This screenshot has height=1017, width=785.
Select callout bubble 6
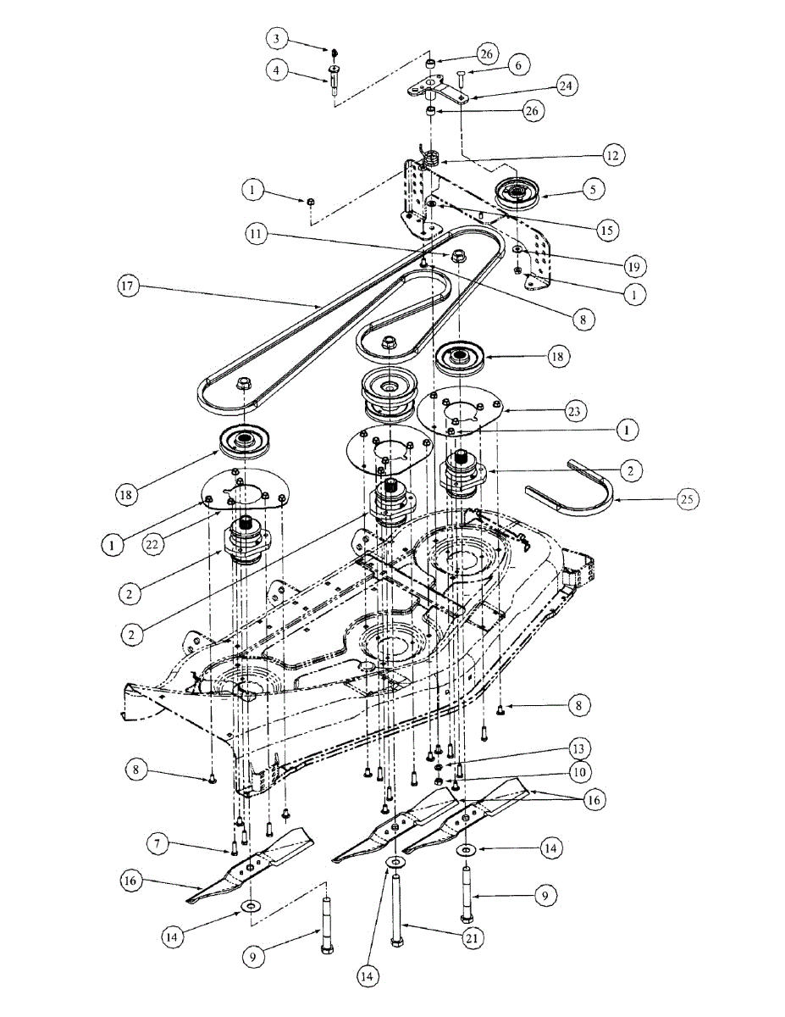[x=517, y=64]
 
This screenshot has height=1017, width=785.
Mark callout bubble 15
[x=605, y=229]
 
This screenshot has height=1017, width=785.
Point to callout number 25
[x=687, y=499]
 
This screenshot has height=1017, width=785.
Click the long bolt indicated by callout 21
[x=396, y=911]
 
